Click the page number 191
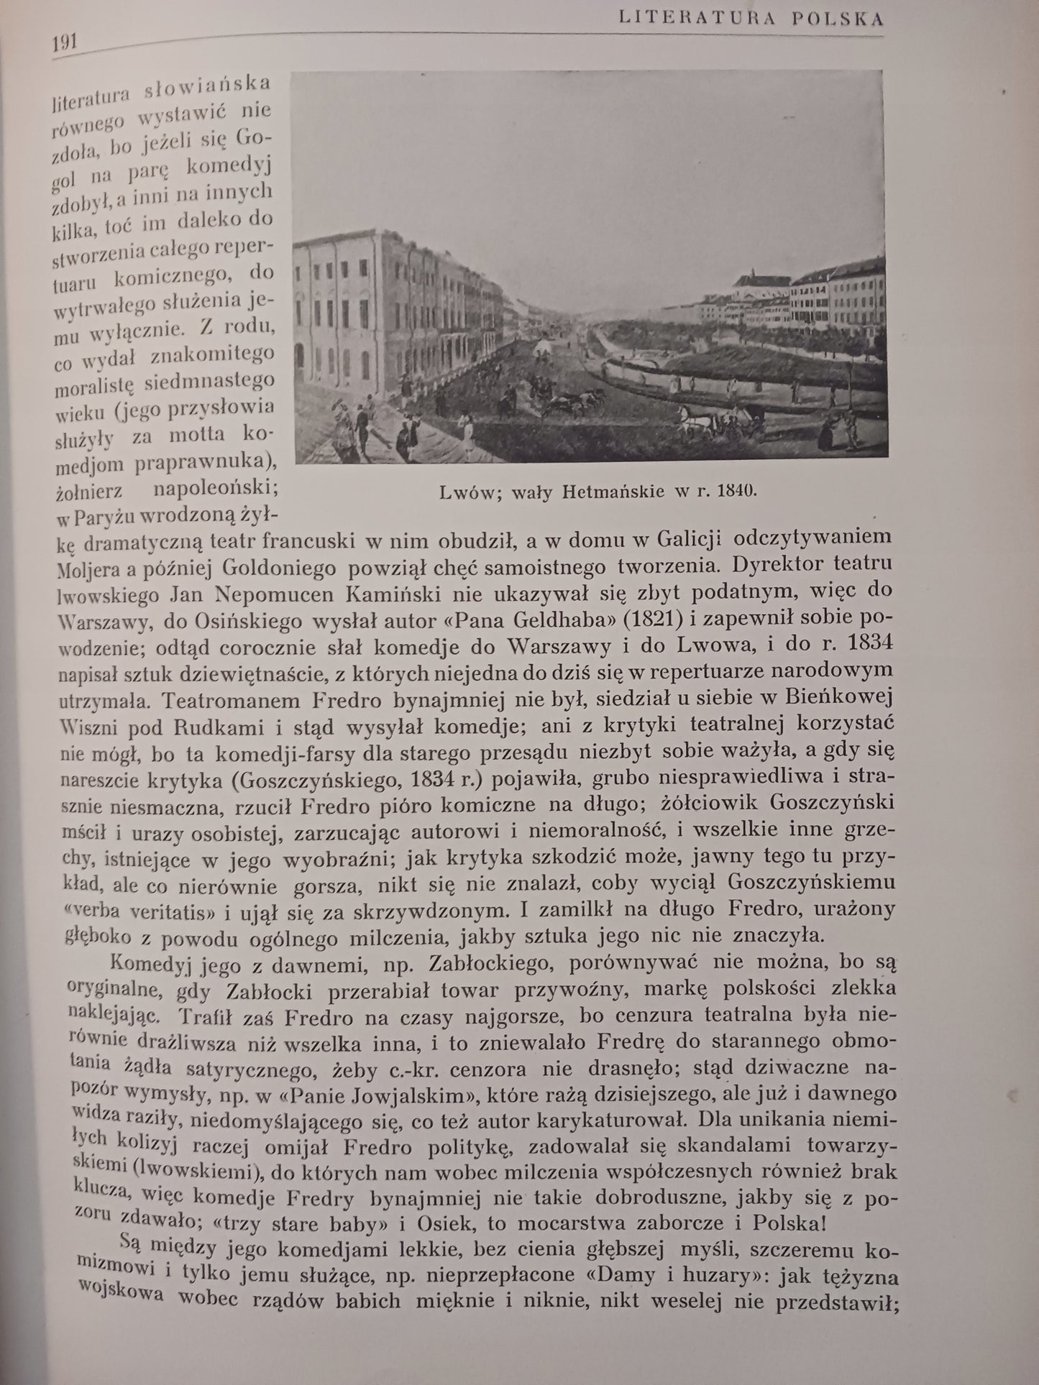[x=65, y=43]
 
